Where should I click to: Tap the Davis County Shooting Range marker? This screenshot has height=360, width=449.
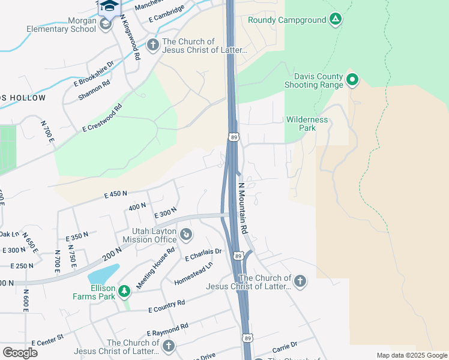(352, 79)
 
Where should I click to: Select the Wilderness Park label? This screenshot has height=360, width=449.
(307, 124)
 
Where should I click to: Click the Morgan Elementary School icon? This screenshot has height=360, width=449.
(106, 24)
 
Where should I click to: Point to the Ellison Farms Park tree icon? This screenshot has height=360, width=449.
(124, 291)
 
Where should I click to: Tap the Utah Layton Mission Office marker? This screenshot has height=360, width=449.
(186, 233)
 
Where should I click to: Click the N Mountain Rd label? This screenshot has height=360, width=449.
(243, 208)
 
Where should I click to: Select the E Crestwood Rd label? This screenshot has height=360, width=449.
(103, 118)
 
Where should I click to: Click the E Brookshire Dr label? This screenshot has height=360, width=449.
(94, 74)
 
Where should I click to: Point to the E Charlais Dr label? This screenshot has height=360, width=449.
(203, 254)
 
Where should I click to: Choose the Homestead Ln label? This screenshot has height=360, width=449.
(193, 273)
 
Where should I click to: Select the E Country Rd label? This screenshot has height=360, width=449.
(167, 306)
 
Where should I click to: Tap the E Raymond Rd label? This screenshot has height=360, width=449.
(167, 329)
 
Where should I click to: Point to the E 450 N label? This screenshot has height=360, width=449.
(116, 194)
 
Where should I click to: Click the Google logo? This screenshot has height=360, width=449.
(20, 352)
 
